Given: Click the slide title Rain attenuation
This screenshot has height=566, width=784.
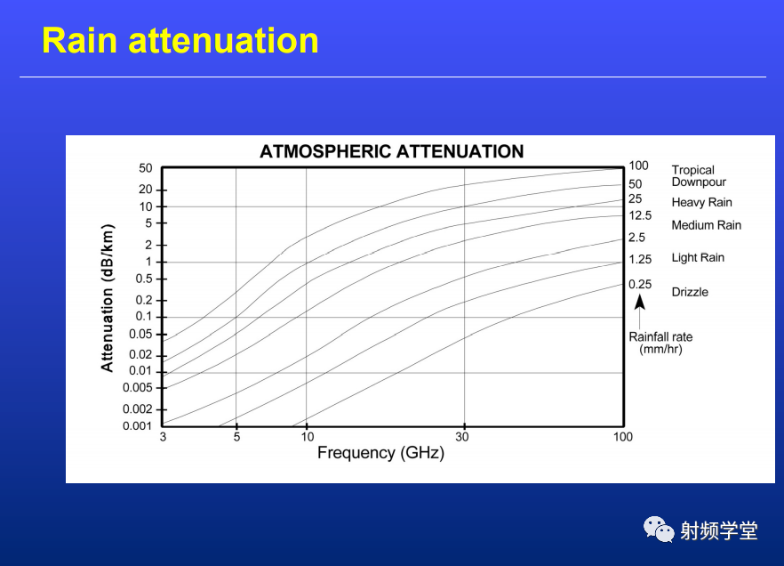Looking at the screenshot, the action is click(x=180, y=41).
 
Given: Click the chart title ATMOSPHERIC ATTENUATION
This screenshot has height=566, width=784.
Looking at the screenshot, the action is click(x=391, y=151).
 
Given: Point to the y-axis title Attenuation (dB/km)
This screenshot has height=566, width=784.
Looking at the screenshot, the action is click(x=108, y=298).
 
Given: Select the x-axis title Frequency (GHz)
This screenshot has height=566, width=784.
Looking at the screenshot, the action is click(x=381, y=453).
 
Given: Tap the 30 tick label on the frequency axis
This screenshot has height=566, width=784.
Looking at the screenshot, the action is click(x=462, y=437).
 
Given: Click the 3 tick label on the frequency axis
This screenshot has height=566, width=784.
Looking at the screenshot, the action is click(x=163, y=437).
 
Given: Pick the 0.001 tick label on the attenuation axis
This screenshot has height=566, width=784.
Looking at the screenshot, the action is click(x=137, y=426).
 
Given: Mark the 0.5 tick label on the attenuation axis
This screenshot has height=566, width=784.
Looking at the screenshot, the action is click(x=144, y=279).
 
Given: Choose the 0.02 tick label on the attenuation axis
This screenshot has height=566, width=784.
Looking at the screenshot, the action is click(x=140, y=355).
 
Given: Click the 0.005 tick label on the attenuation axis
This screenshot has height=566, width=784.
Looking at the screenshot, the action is click(x=138, y=388).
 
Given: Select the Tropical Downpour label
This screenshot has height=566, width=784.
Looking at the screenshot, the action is click(x=699, y=176).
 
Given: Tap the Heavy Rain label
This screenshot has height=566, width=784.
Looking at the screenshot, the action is click(x=701, y=203).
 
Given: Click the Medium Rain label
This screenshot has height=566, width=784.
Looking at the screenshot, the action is click(x=706, y=225).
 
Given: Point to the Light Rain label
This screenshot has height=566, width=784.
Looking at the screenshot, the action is click(x=698, y=258).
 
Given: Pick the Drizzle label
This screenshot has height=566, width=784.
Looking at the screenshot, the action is click(x=690, y=292).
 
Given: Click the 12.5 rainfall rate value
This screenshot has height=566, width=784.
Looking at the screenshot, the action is click(x=640, y=215).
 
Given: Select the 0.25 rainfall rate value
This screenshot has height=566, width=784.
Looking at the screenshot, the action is click(x=640, y=284).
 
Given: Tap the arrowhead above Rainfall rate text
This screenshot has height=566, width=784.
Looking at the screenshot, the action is click(x=640, y=302).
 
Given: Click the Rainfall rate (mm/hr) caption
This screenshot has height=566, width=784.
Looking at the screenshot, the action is click(x=660, y=343).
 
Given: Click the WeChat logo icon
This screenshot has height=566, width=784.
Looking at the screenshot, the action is click(x=658, y=530).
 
